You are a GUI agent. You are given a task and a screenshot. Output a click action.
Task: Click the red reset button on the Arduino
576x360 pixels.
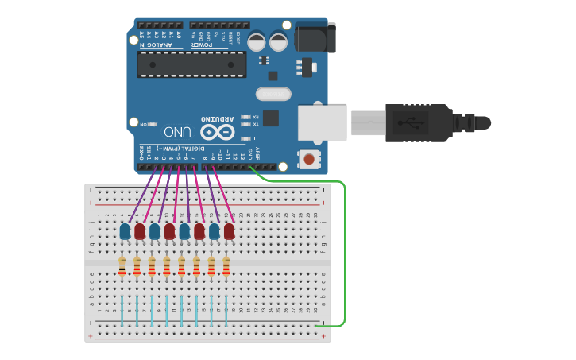tap(307, 159)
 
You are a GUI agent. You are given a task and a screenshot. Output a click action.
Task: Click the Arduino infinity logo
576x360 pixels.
tap(218, 132)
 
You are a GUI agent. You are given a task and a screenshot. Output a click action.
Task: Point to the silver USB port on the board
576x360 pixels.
tap(322, 122)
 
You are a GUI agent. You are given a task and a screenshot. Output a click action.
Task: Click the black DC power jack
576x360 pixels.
tap(315, 38)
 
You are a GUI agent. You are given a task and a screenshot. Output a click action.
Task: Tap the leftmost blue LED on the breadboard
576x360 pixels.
tap(125, 231)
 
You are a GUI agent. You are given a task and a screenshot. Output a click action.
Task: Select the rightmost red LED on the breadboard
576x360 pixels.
tap(229, 231)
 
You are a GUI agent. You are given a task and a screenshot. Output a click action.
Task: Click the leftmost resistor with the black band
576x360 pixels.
tap(122, 266)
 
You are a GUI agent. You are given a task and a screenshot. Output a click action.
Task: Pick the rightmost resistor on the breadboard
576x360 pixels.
tap(226, 266)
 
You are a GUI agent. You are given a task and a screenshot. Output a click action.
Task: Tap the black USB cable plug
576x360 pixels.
tap(418, 122)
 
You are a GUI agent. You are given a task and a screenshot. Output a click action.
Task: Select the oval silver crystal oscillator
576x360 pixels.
tap(273, 95)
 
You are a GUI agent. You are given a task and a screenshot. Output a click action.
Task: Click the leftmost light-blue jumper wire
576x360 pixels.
tap(122, 310)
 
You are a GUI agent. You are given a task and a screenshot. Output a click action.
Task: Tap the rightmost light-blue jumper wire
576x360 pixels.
tap(226, 310)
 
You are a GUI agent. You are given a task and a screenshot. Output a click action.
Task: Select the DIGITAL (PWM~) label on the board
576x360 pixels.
tap(174, 149)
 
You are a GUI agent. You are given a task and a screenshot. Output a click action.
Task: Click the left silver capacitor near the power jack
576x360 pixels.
tap(257, 41)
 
